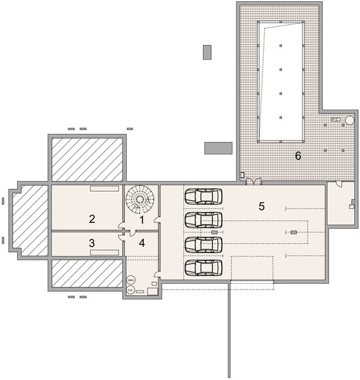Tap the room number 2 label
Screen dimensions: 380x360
(92, 219)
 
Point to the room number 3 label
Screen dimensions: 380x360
(92, 242)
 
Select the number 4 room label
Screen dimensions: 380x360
(142, 242)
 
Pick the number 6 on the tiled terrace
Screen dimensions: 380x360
(297, 155)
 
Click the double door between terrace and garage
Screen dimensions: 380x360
(253, 181)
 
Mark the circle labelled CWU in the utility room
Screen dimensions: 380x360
(131, 279)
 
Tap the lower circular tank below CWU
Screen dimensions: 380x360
(131, 290)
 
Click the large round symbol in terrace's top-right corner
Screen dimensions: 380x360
(349, 119)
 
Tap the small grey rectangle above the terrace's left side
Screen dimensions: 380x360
(207, 52)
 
